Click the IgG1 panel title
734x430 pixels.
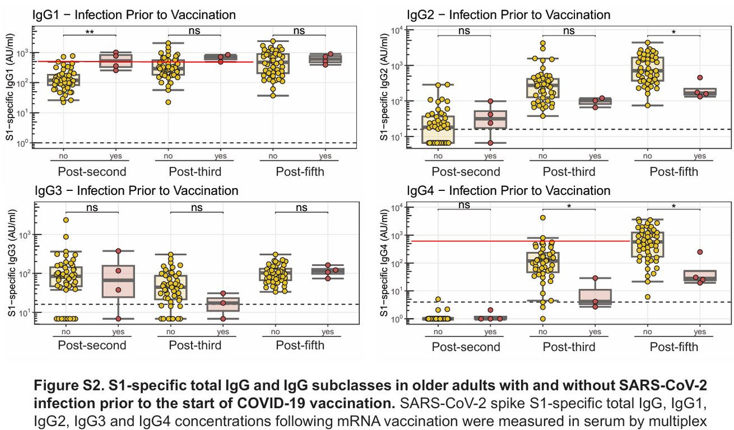tap(134, 14)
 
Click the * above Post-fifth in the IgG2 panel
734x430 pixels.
tap(674, 33)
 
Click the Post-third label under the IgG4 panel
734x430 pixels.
tap(569, 346)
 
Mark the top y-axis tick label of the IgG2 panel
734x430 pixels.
tap(397, 30)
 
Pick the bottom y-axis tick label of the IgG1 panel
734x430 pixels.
tap(24, 143)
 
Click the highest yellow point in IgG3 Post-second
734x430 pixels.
tap(67, 220)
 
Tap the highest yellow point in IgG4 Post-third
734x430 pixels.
tap(542, 218)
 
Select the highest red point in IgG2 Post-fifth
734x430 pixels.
tap(700, 77)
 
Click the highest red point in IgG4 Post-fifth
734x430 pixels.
tap(700, 252)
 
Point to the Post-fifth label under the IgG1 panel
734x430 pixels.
tap(300, 171)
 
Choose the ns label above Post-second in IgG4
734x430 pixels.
tap(464, 205)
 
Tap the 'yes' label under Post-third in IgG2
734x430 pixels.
tap(595, 156)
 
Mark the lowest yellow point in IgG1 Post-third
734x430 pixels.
tap(169, 102)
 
